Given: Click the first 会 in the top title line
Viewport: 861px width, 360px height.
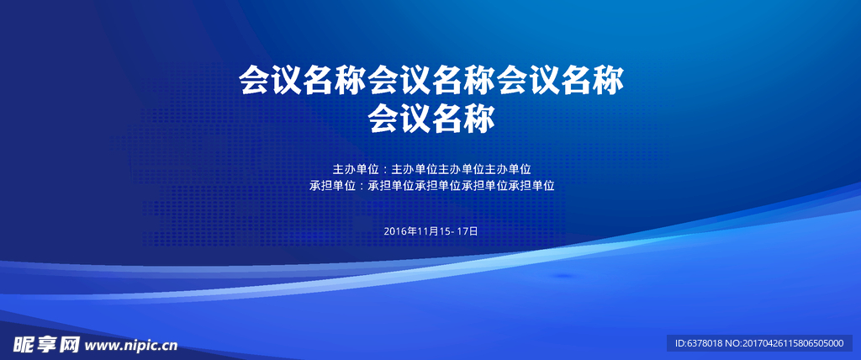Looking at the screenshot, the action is click(x=256, y=80).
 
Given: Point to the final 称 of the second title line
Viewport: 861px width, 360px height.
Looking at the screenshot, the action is click(x=479, y=118).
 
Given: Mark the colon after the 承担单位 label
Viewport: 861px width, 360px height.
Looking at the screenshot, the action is click(x=362, y=187).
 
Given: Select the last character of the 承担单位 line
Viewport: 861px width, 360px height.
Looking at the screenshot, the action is click(x=548, y=186).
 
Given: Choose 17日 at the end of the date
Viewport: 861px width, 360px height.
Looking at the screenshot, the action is click(x=467, y=231).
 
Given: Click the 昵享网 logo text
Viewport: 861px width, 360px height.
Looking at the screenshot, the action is click(x=47, y=345).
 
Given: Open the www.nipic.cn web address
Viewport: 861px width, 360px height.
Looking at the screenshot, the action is click(x=131, y=346).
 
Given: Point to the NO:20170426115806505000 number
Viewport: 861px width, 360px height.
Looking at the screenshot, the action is click(x=784, y=343).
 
